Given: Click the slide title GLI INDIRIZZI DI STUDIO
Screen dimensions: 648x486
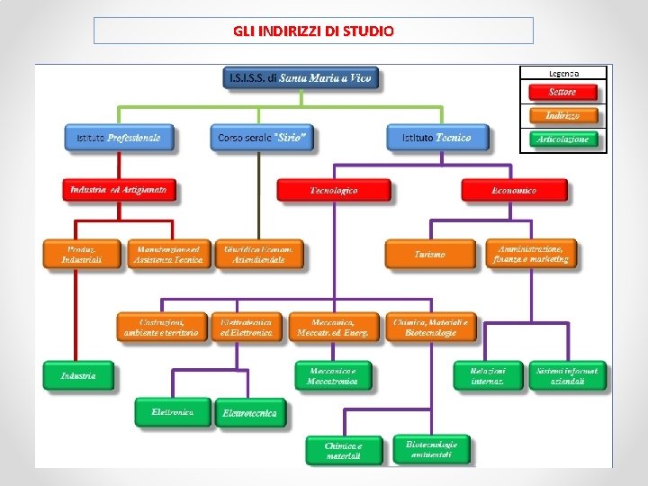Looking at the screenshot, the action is [x=313, y=31].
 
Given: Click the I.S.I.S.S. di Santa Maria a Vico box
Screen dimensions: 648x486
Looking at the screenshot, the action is [x=301, y=78].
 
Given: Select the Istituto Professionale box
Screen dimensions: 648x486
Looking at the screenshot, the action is [x=119, y=138].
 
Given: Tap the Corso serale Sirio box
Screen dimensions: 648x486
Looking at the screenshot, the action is [x=263, y=138].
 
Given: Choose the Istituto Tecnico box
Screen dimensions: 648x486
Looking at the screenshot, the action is [x=429, y=138].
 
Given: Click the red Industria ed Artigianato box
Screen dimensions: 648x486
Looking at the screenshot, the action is [x=119, y=191].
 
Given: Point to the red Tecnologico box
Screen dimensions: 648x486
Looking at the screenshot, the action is [x=334, y=191].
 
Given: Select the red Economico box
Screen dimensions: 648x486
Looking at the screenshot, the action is [x=514, y=191].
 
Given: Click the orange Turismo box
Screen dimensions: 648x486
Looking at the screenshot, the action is [x=430, y=255].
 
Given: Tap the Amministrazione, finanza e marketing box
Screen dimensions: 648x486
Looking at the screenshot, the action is [x=531, y=254].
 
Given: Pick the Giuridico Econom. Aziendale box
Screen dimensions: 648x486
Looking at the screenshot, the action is [x=259, y=254].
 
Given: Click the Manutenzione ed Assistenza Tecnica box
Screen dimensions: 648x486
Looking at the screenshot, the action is [x=168, y=254].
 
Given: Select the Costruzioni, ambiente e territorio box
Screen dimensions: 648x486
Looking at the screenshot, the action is [x=162, y=328].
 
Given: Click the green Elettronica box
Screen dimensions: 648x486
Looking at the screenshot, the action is [x=173, y=412].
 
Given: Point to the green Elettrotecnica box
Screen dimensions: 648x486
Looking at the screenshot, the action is [x=250, y=413].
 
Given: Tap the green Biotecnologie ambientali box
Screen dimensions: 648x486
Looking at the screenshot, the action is [x=432, y=449].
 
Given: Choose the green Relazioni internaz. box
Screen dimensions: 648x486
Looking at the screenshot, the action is [x=488, y=375].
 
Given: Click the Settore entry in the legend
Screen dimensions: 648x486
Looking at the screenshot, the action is [x=563, y=92].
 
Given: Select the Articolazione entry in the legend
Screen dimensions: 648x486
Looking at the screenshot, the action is [x=563, y=139].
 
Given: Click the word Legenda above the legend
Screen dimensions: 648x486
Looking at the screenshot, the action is [x=563, y=73].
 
